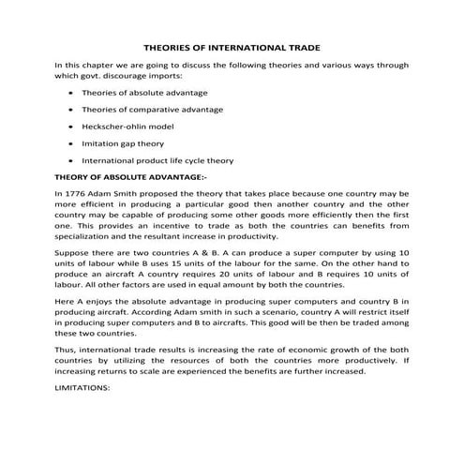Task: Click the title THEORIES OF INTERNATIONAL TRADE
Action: coord(232,45)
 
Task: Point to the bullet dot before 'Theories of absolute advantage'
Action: coord(73,94)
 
